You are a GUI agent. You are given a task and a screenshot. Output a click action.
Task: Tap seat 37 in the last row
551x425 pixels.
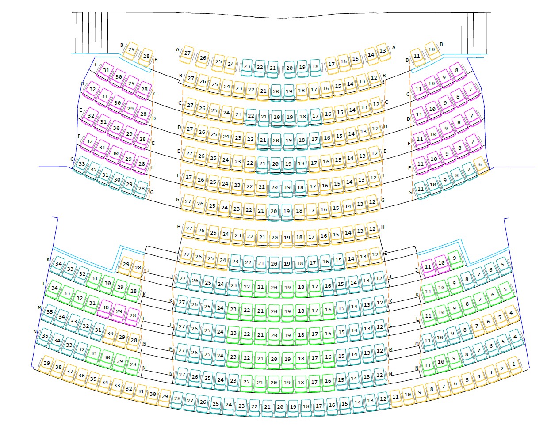tap(70, 372)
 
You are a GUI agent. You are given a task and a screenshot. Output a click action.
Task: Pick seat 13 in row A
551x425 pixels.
tap(383, 51)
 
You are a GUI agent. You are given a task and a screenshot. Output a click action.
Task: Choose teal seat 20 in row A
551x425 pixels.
tap(290, 68)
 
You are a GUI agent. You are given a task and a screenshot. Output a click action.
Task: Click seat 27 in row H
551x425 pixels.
tap(189, 229)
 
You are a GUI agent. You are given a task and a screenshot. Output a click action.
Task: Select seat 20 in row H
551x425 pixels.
tap(275, 238)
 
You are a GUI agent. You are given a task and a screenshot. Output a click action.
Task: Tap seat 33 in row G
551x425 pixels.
tap(81, 164)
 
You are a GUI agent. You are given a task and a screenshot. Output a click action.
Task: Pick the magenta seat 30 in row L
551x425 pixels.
tap(105, 308)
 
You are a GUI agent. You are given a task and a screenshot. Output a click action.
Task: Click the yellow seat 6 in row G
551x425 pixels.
tap(480, 165)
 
